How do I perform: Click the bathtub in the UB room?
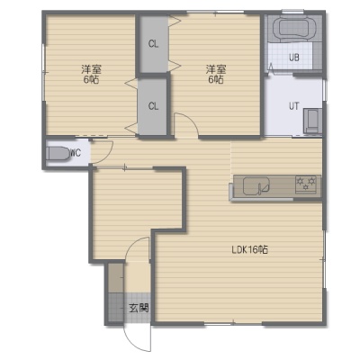point(293,28)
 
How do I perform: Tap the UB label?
point(294,58)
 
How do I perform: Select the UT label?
point(293,106)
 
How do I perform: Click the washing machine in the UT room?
point(312,121)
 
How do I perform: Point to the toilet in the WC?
point(58,154)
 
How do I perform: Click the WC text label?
point(76,153)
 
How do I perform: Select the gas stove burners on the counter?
point(306,184)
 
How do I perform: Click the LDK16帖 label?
point(250,250)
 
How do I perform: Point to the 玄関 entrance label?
point(139,308)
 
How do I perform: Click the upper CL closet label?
point(153,44)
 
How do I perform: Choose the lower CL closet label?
point(153,106)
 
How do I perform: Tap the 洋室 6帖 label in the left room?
point(91,75)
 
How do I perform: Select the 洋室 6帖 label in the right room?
point(216,75)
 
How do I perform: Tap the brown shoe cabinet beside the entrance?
point(116,278)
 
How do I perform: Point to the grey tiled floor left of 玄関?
point(116,307)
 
